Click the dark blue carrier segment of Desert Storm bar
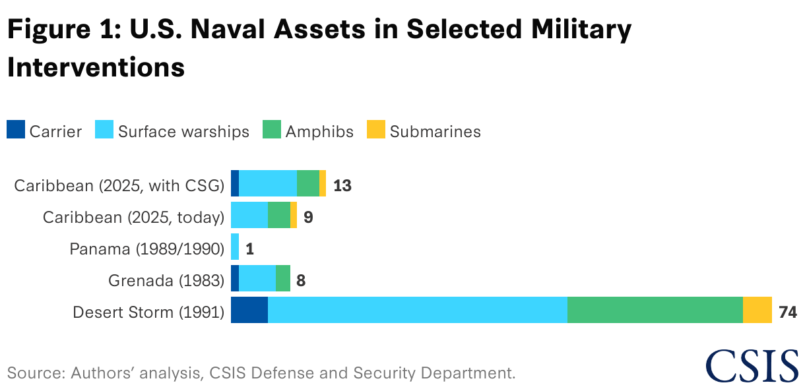(x=249, y=310)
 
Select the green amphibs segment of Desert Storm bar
(x=655, y=310)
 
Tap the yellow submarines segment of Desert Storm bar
(x=757, y=310)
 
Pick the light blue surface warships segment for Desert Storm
(x=417, y=310)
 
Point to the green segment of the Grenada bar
(x=283, y=278)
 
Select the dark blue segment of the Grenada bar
(x=235, y=278)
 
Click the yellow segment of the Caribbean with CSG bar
(x=323, y=183)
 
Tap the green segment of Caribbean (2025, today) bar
(x=279, y=215)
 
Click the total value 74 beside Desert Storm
(x=788, y=311)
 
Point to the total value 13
(x=342, y=185)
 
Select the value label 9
(x=308, y=216)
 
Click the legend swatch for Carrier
(x=16, y=130)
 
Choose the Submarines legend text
(x=435, y=131)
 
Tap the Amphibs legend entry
(x=319, y=131)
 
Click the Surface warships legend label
(x=183, y=131)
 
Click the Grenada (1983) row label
(x=166, y=280)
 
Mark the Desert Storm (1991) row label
(x=149, y=312)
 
